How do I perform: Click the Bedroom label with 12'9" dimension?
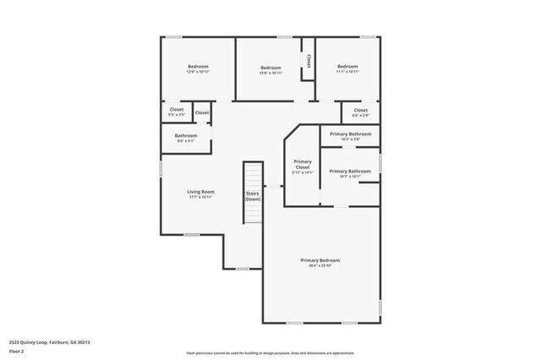tap(198, 67)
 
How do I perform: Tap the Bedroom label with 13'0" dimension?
tap(270, 68)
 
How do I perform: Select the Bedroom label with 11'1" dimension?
tap(348, 67)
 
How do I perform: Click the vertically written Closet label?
tap(309, 61)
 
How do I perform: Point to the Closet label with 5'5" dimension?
tap(176, 110)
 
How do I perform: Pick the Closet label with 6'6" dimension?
tap(360, 111)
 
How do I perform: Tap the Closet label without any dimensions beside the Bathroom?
tap(202, 112)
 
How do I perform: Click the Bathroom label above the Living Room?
tap(186, 136)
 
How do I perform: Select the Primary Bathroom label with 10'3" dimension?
tap(350, 134)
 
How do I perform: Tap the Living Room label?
tap(200, 192)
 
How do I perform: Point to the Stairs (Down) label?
tap(253, 196)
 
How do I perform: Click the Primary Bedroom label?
tap(320, 260)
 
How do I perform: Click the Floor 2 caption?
tap(16, 351)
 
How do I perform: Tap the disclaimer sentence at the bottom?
tap(270, 353)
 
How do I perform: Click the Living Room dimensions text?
tap(200, 197)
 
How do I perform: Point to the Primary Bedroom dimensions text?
tap(320, 265)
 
